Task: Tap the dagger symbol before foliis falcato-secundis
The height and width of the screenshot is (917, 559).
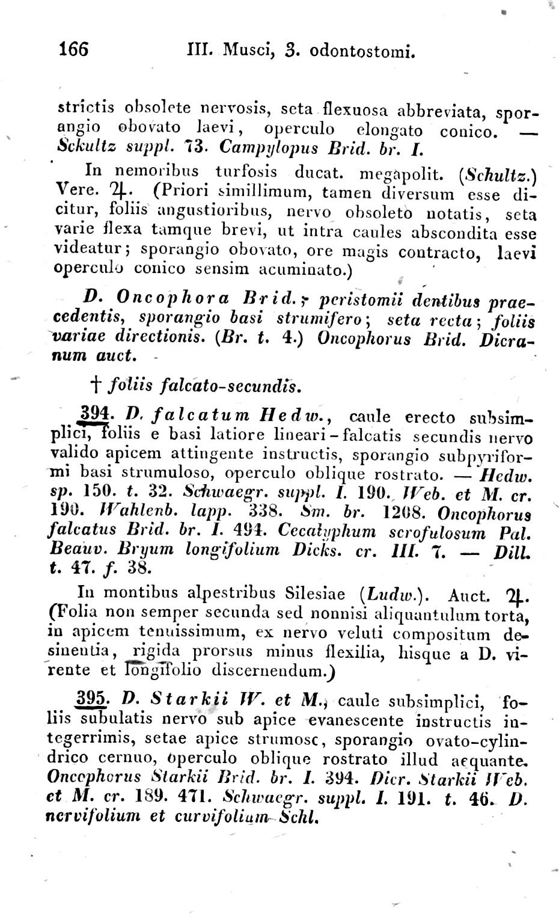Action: [98, 384]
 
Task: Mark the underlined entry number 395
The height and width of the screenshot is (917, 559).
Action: [93, 700]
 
